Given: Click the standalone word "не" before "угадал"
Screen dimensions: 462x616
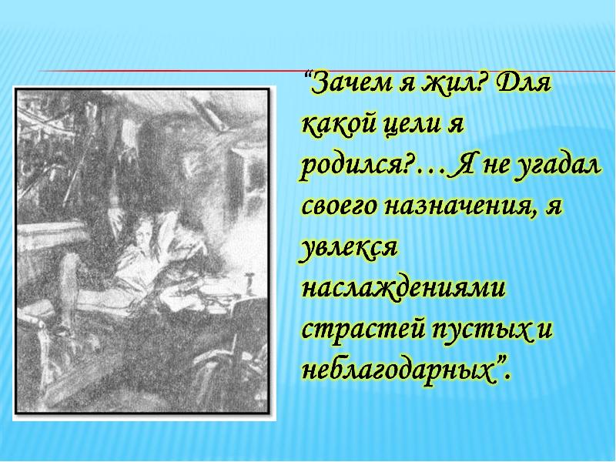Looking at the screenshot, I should [491, 166].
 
